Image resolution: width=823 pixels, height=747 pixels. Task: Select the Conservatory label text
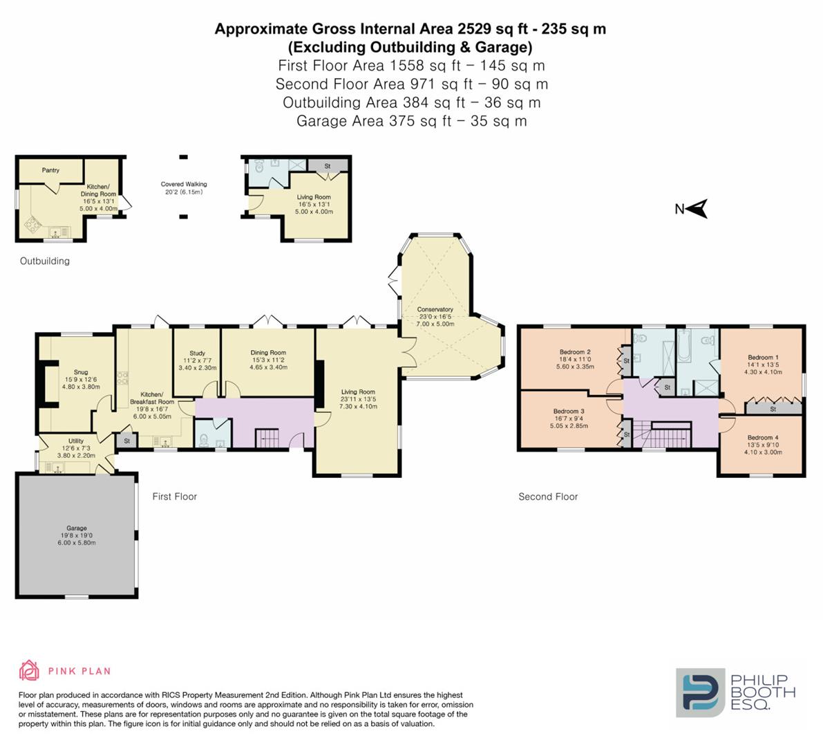[435, 309]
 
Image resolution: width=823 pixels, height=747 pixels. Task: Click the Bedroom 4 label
[762, 437]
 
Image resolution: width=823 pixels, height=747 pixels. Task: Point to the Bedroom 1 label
[762, 358]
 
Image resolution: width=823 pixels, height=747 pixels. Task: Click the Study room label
[197, 353]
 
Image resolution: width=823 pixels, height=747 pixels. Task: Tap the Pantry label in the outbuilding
[50, 170]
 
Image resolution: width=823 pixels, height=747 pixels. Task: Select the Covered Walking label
[184, 185]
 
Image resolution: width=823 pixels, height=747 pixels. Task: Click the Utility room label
[75, 441]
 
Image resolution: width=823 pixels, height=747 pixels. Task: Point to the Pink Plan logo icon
[29, 670]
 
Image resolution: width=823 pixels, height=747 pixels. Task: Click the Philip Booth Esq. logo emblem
[700, 692]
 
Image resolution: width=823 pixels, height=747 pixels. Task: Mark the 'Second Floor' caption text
[548, 497]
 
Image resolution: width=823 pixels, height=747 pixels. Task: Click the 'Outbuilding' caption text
[44, 261]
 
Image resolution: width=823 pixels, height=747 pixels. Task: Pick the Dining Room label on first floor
[268, 353]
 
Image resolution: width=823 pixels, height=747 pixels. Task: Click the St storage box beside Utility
[126, 441]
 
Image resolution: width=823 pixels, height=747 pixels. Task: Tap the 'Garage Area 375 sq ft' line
[411, 121]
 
